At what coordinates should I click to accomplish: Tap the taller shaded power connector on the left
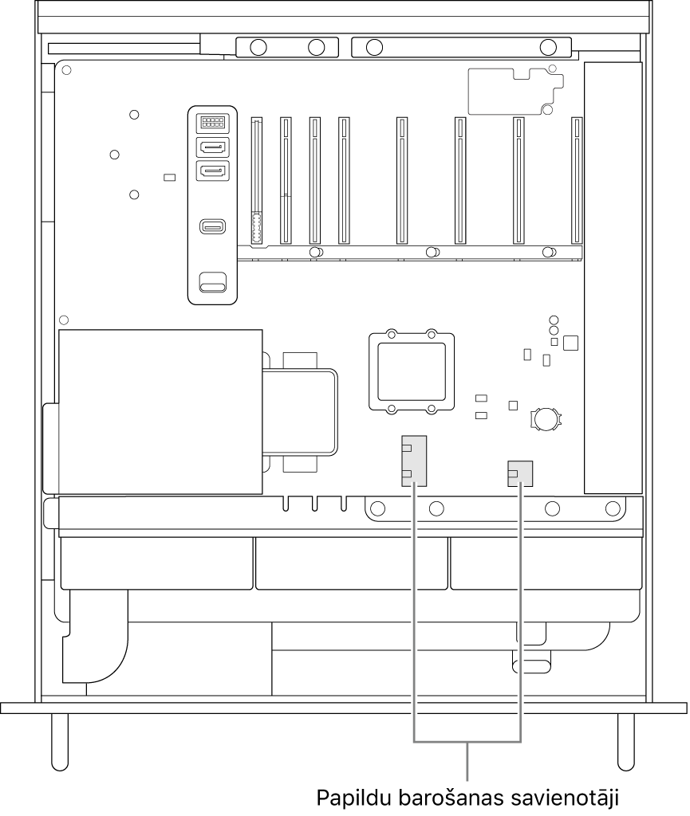coord(414,461)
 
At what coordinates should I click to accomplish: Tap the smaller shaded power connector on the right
coord(520,473)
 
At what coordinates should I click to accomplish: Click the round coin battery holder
coord(546,418)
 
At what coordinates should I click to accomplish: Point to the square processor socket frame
coord(412,372)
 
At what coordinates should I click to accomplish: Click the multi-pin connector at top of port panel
coord(212,123)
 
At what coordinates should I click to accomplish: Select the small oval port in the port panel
coord(212,227)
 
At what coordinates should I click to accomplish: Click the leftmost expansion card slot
coord(256,181)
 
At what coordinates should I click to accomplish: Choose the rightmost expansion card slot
coord(577,181)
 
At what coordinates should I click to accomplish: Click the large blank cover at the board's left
coord(160,412)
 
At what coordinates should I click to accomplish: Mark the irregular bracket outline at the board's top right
coord(515,91)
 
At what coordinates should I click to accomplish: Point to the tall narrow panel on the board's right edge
coord(613,278)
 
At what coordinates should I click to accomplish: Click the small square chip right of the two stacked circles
coord(571,343)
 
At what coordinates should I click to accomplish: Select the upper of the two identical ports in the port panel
coord(212,147)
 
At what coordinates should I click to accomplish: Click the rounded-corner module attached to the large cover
coord(300,412)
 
